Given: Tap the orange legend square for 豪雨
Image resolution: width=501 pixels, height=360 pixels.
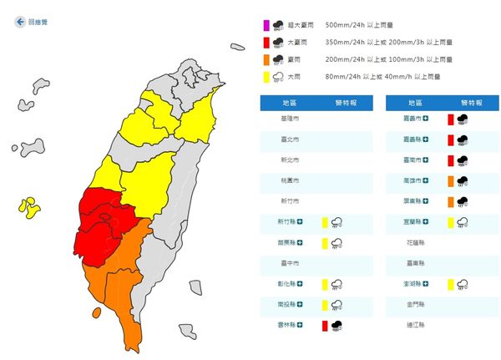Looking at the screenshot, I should point(265,58).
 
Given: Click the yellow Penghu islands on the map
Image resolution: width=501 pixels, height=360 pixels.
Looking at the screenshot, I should point(30,207).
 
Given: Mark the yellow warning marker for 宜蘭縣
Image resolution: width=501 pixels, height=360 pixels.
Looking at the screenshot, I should point(449,222).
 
